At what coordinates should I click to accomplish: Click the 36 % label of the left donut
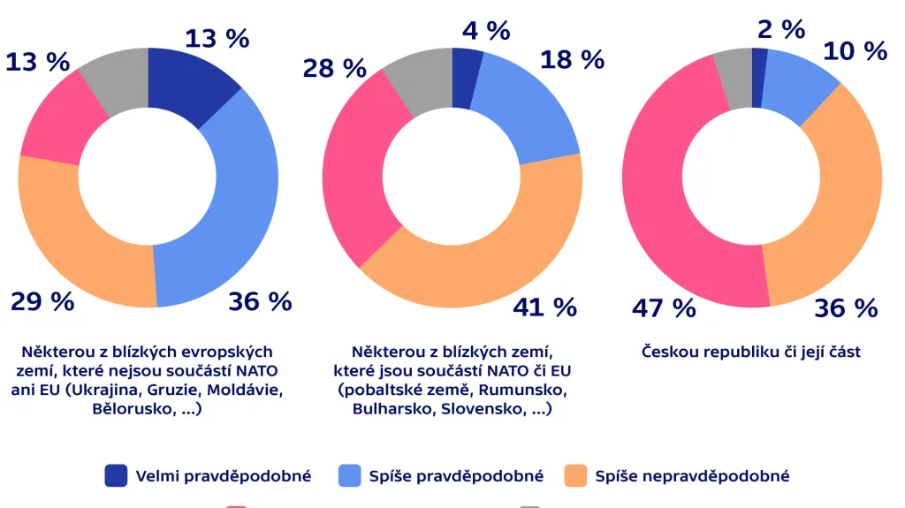click(x=260, y=301)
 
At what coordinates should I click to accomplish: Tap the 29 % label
click(x=42, y=301)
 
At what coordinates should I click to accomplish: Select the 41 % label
click(x=544, y=307)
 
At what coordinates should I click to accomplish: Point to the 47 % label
click(x=664, y=307)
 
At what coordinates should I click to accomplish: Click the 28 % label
click(x=334, y=68)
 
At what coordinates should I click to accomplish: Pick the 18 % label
click(x=573, y=59)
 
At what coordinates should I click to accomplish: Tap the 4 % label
click(x=486, y=31)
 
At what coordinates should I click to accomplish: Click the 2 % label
click(x=781, y=29)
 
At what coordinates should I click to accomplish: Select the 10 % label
click(x=855, y=51)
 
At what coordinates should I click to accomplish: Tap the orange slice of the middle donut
click(x=495, y=265)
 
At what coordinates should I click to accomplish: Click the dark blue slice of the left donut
click(x=186, y=84)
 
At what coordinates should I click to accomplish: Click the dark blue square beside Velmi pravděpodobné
click(x=116, y=476)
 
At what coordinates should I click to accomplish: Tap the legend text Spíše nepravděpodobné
click(x=692, y=476)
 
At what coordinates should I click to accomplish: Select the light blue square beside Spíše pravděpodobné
click(x=350, y=476)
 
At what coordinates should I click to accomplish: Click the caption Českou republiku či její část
click(x=751, y=352)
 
